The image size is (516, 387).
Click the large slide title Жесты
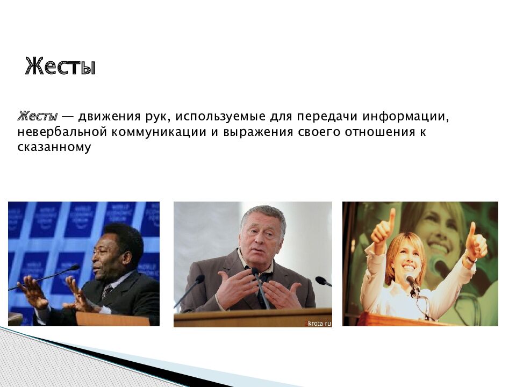click(60, 66)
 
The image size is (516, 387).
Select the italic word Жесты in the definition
click(37, 116)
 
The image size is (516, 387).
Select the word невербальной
click(62, 132)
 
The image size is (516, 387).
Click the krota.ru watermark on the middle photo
click(318, 323)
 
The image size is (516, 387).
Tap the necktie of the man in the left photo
click(106, 291)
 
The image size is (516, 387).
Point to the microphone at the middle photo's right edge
click(323, 281)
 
